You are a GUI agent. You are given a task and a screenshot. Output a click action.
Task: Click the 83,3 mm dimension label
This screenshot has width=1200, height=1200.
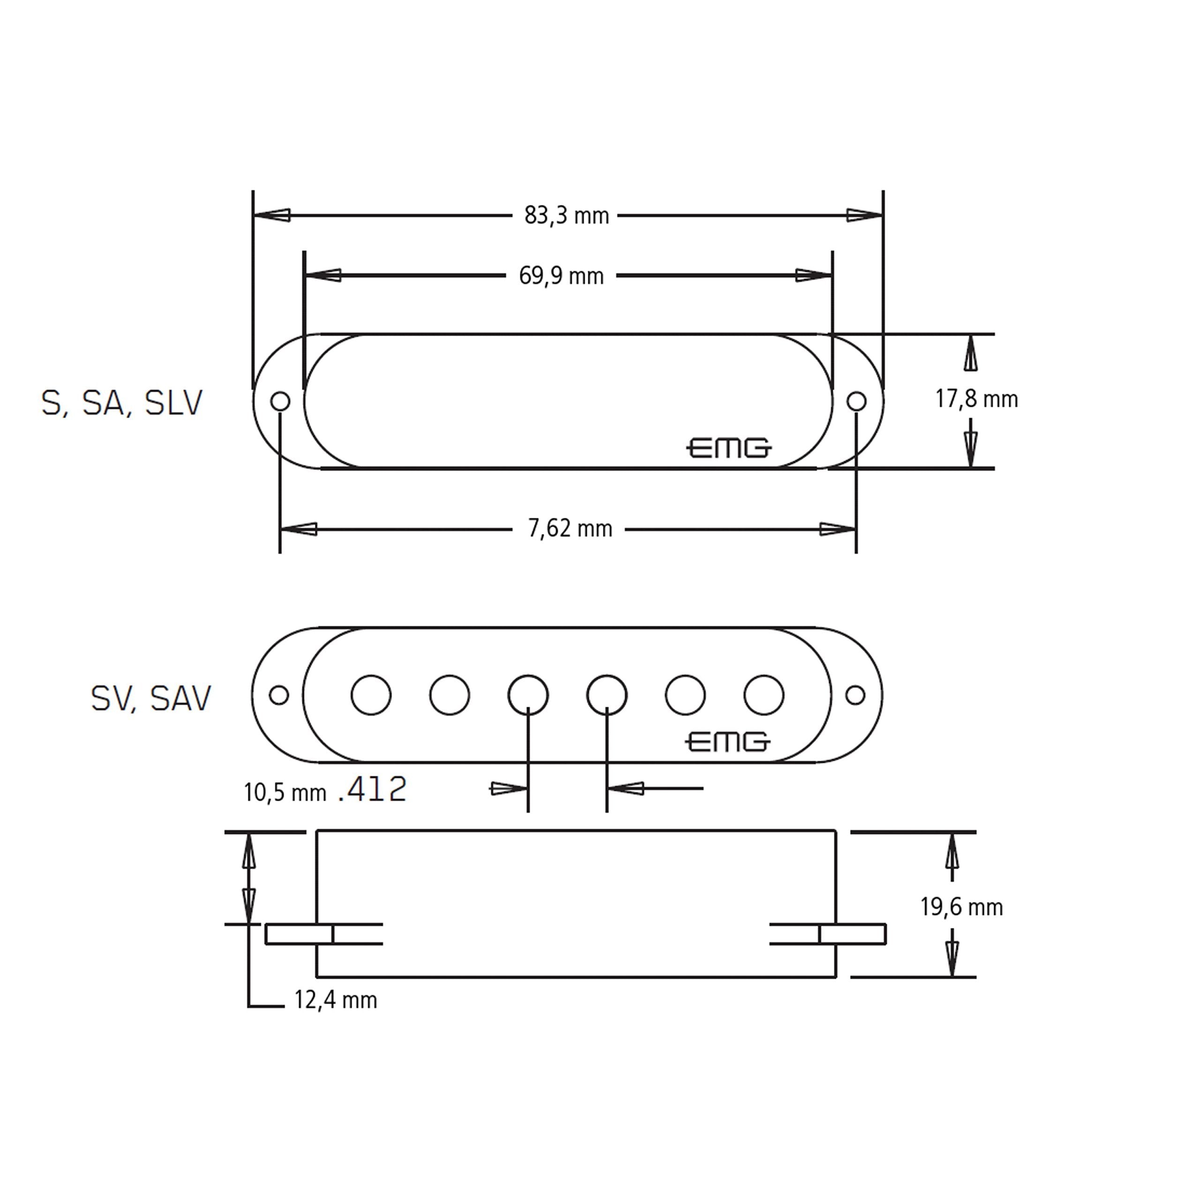click(566, 216)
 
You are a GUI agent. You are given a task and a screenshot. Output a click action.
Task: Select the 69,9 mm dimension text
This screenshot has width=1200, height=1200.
click(561, 276)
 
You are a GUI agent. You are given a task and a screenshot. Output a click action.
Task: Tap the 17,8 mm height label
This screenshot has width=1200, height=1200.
click(976, 399)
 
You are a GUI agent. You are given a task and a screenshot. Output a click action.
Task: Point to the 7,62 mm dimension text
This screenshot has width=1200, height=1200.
click(570, 529)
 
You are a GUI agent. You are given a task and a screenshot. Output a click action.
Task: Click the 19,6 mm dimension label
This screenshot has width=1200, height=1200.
click(961, 907)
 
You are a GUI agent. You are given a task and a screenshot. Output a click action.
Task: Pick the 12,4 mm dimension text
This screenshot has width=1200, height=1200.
click(336, 1000)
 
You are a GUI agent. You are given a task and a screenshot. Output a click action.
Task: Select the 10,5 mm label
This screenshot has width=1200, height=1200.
click(285, 793)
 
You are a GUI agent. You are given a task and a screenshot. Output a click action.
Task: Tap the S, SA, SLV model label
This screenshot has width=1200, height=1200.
click(122, 403)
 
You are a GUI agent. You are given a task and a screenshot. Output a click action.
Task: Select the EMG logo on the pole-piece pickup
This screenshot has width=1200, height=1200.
click(727, 742)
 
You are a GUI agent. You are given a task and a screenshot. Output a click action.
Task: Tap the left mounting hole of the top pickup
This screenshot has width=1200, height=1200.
click(280, 401)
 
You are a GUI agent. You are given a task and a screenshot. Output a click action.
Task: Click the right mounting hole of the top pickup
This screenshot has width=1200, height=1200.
click(856, 401)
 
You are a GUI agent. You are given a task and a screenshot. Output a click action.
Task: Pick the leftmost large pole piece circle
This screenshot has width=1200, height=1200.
click(371, 694)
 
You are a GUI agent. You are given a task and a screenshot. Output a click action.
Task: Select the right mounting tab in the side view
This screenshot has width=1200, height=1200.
click(853, 934)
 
